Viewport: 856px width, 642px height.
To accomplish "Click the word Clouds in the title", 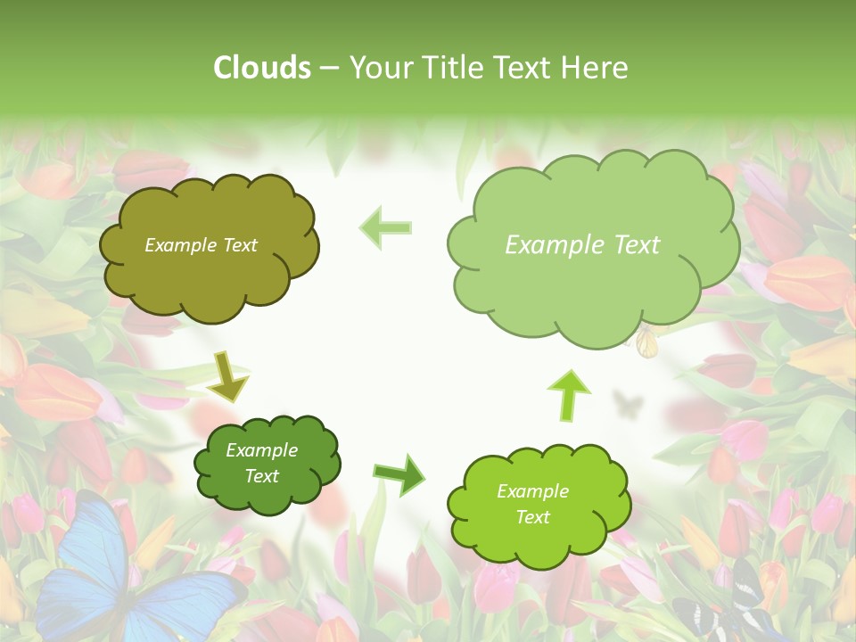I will click(262, 68).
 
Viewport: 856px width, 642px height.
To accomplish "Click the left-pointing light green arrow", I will click(385, 227).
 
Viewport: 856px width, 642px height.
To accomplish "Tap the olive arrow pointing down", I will click(228, 375).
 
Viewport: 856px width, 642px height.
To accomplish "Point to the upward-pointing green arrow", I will click(570, 393).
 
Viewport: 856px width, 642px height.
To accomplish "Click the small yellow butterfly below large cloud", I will click(647, 341).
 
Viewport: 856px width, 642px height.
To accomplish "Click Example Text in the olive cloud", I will click(201, 245).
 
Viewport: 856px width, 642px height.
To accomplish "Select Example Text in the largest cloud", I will click(582, 245).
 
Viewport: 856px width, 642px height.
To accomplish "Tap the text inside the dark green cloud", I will click(261, 464).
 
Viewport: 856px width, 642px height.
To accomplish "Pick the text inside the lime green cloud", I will click(532, 504).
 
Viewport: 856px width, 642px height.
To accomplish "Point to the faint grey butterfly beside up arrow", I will click(628, 406).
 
